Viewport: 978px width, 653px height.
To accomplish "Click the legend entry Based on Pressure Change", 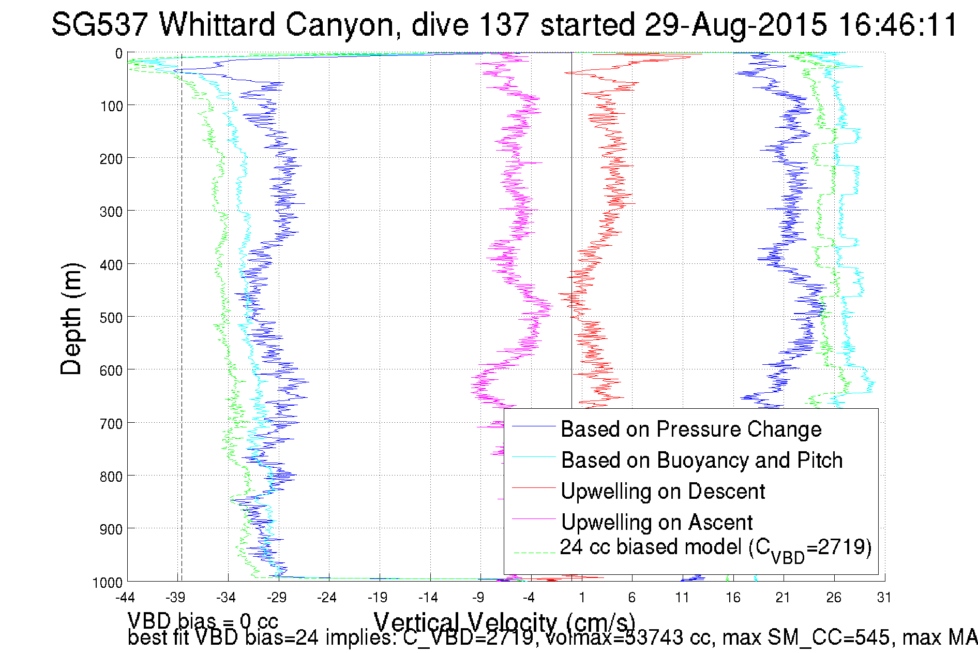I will (x=691, y=429).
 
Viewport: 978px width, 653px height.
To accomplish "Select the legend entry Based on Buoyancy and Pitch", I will (x=702, y=461).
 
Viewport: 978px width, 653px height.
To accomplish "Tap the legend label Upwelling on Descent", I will (x=663, y=492).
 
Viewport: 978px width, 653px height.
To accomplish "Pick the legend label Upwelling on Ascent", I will (x=657, y=523).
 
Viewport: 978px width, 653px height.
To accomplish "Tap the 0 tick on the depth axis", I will (x=119, y=54).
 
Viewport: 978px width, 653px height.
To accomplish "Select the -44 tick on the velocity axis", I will (x=125, y=598).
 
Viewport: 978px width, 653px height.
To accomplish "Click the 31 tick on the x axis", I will (x=884, y=598).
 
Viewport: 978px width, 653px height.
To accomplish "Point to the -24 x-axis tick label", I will (x=327, y=598).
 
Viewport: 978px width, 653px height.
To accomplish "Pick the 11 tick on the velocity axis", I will (x=682, y=598).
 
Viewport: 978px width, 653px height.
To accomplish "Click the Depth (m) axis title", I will (x=71, y=319).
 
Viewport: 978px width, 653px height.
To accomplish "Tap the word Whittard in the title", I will (x=217, y=24).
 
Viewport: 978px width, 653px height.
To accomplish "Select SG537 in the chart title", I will (x=99, y=24).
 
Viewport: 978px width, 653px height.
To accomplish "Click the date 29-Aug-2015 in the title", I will (x=735, y=24).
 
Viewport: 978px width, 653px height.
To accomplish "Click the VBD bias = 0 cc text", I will (x=203, y=620).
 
